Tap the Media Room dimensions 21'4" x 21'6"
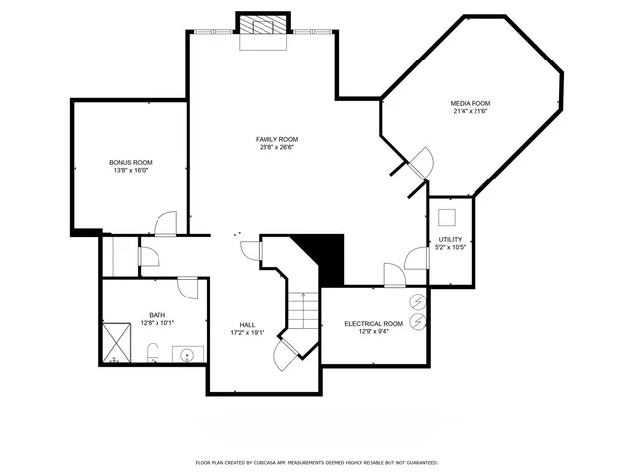click(471, 112)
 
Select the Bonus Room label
click(130, 162)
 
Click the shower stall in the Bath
click(118, 342)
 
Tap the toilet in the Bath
click(154, 352)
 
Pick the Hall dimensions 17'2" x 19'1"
click(247, 333)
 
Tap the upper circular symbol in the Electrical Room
click(417, 301)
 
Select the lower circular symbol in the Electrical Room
click(417, 322)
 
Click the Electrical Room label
click(373, 324)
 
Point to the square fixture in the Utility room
click(448, 217)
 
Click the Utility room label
click(450, 240)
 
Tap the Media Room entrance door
click(419, 162)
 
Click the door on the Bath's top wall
click(186, 288)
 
